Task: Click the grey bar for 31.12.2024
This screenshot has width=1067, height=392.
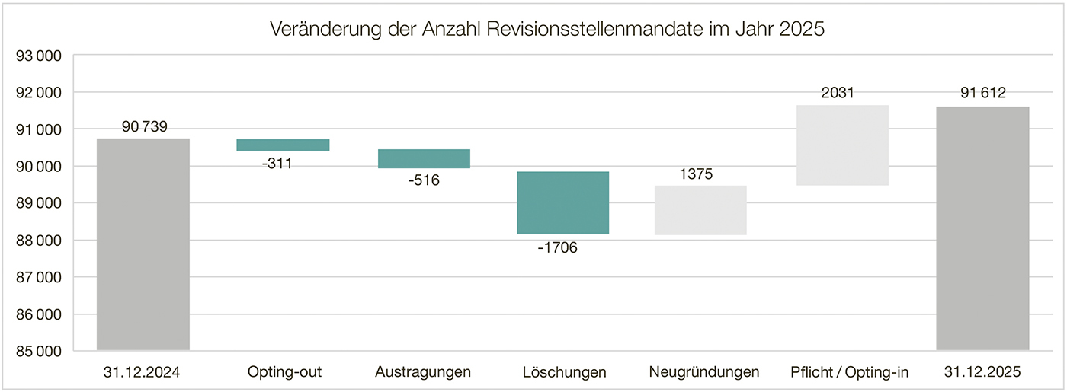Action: coord(143,244)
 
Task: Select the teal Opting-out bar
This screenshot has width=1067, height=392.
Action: coord(283,145)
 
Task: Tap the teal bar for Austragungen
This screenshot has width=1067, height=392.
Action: coord(424,158)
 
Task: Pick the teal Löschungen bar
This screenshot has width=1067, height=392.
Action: coord(563,202)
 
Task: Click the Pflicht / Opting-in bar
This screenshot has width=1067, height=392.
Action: coord(842,145)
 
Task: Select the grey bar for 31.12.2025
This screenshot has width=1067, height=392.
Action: coord(982,228)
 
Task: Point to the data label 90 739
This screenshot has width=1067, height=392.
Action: coord(145,126)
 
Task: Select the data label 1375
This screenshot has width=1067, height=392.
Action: coord(696,174)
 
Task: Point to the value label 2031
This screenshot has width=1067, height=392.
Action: coord(838,94)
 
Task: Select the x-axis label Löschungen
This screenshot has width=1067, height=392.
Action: coord(565,372)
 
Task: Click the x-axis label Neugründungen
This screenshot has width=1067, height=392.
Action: coord(704,372)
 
